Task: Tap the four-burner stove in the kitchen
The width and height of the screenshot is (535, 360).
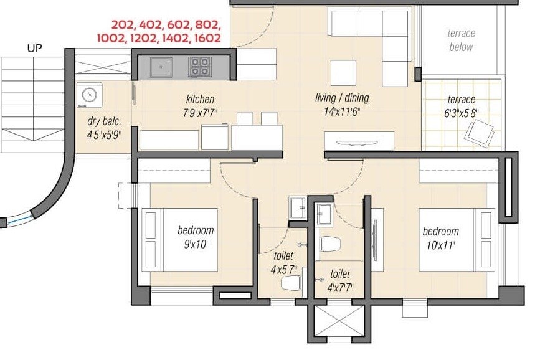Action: click(200, 67)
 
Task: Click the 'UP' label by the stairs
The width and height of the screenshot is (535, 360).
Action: click(35, 47)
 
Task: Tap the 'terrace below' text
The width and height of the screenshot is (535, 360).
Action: click(461, 40)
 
